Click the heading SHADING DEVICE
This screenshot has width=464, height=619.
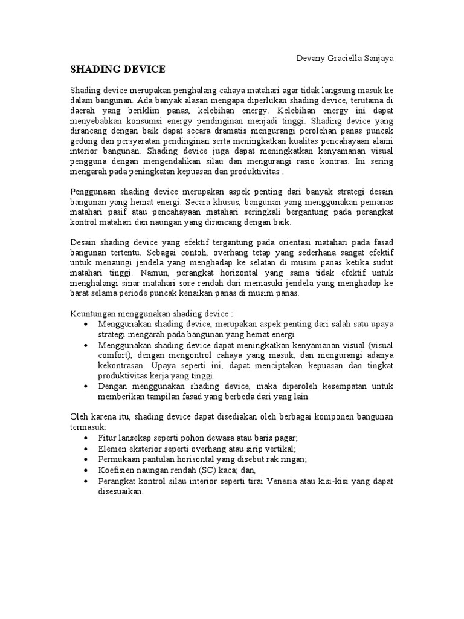[117, 69]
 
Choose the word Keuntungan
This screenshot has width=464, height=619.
[97, 314]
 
